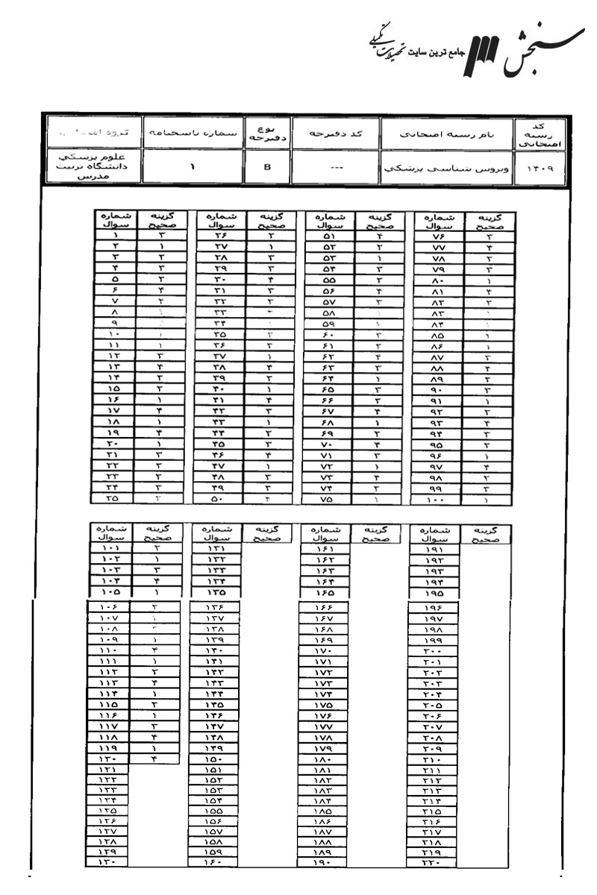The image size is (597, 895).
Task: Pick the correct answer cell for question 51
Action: click(x=378, y=234)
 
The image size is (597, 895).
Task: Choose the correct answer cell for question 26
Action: click(x=272, y=234)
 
